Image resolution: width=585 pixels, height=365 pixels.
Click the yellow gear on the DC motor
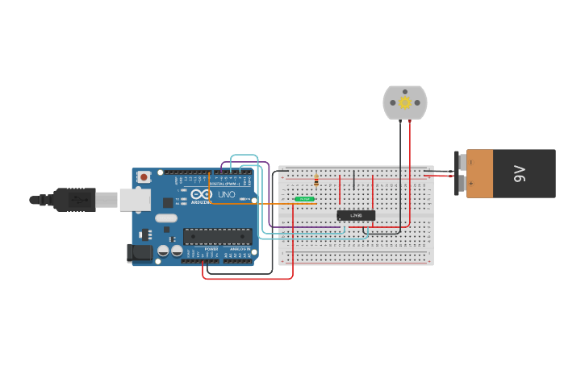point(405,103)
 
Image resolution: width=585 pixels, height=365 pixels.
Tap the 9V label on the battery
point(520,172)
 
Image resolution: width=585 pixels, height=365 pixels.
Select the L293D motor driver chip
point(356,215)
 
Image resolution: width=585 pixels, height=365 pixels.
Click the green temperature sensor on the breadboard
point(304,198)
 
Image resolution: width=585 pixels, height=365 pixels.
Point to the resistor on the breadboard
point(316,181)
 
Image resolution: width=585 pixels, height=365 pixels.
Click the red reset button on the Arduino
point(144,176)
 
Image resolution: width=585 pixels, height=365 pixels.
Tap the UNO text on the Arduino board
point(227,194)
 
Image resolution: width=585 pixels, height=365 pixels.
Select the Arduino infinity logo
point(202,194)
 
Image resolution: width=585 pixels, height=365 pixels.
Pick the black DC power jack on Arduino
point(140,253)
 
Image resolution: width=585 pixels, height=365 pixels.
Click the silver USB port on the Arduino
point(135,200)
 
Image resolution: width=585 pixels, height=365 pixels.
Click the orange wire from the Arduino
point(242,203)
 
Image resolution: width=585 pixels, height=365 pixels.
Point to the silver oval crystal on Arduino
point(166,218)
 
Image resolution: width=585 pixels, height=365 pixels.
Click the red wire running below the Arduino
point(246,279)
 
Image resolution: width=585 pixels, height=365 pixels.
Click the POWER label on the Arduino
point(211,250)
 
